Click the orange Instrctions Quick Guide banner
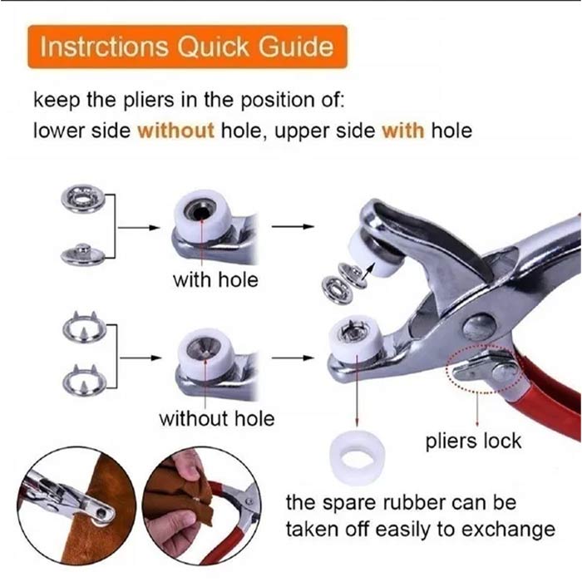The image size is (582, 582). [x=187, y=47]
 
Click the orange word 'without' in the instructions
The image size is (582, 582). [x=176, y=131]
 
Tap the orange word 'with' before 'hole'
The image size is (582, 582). [x=403, y=131]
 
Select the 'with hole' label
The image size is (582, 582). [x=215, y=280]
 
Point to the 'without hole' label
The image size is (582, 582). [x=217, y=419]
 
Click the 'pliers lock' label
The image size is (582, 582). [x=473, y=441]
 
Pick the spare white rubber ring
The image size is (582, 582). [x=357, y=457]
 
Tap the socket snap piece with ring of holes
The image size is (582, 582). [x=83, y=199]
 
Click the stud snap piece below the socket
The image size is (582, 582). [x=83, y=254]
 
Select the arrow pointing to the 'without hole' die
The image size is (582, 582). [x=141, y=358]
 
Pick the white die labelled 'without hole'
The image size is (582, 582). [x=205, y=352]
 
